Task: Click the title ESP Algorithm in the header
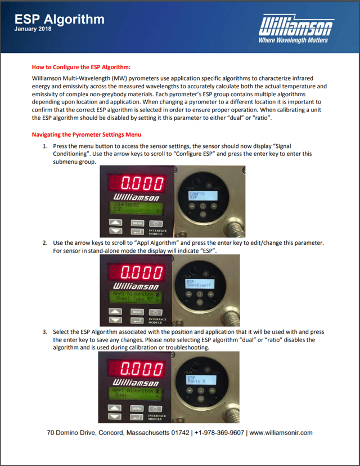point(60,19)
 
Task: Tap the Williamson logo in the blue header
point(296,26)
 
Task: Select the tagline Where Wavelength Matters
point(293,41)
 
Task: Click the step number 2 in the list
point(45,243)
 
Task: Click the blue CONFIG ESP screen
point(200,195)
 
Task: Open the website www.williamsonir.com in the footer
point(281,433)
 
